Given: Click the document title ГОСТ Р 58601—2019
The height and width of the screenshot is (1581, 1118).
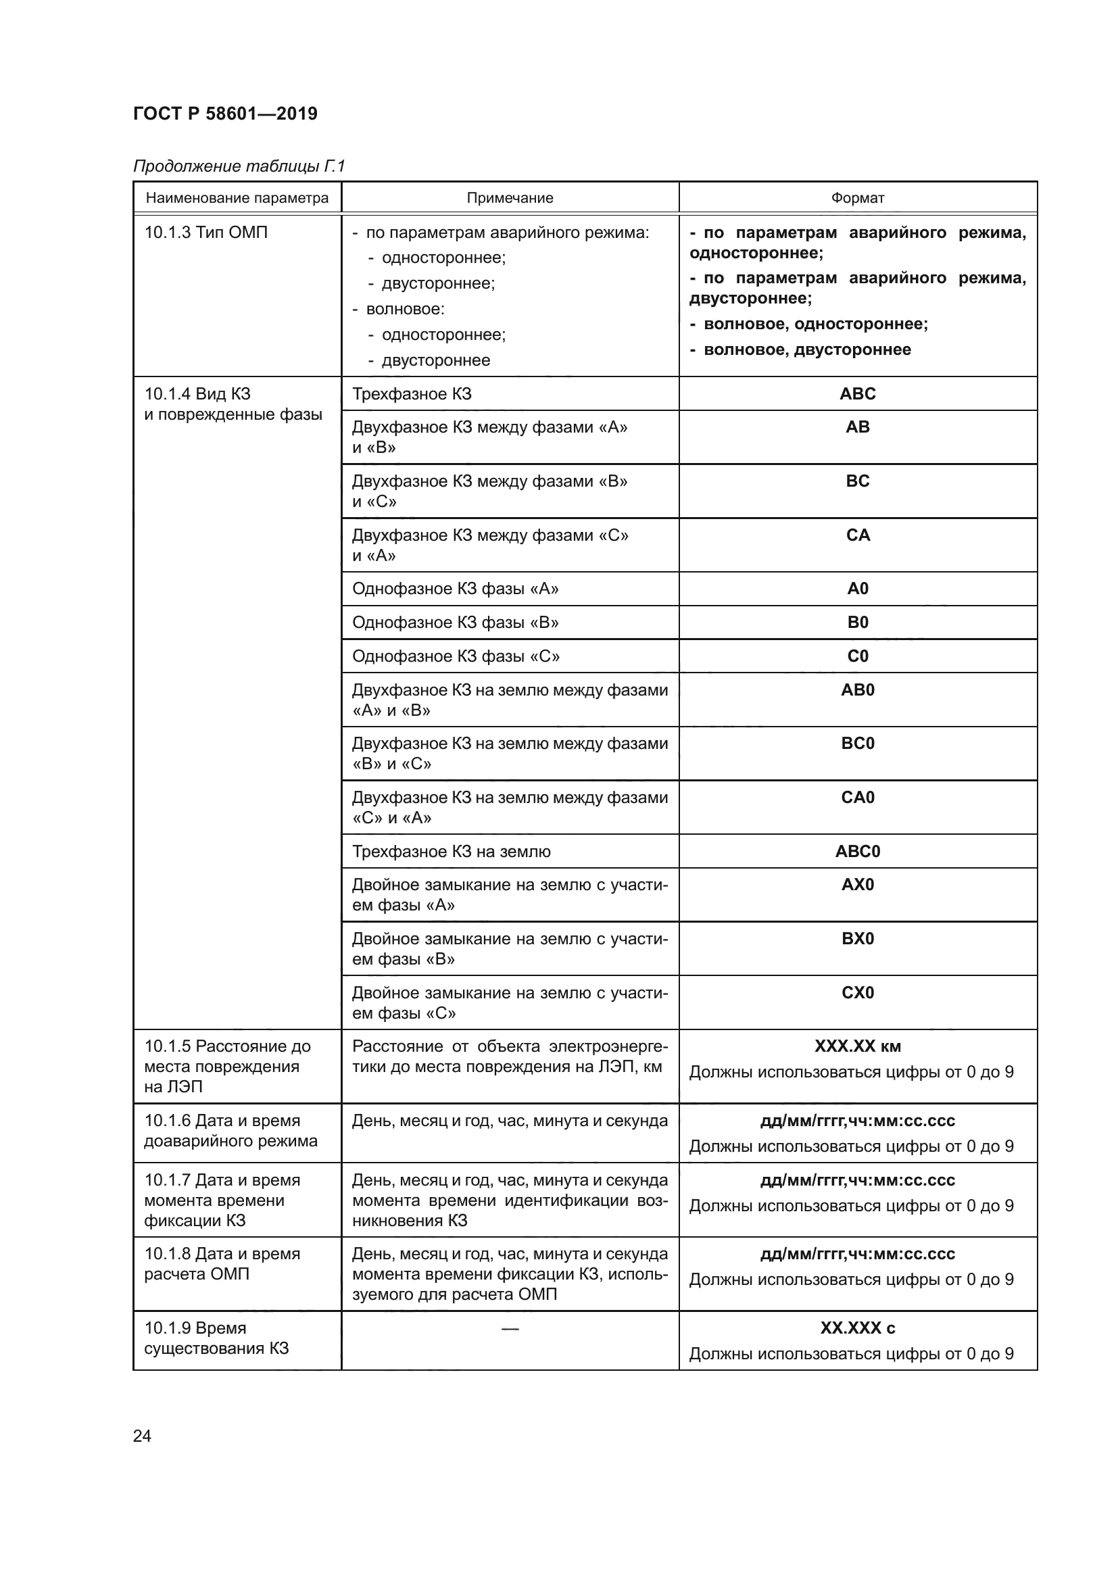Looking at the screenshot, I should [x=225, y=114].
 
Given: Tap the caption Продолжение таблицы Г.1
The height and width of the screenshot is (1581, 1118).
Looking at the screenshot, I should [x=238, y=166].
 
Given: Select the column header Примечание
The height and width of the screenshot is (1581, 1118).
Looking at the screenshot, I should [x=510, y=198].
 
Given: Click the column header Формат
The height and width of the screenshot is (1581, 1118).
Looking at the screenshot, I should [x=857, y=198].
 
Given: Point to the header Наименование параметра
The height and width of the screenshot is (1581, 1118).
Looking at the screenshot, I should [x=237, y=198].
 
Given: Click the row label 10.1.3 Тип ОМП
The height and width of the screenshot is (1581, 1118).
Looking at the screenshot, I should [x=206, y=233].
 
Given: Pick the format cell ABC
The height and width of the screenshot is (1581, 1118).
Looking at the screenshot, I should [x=857, y=394].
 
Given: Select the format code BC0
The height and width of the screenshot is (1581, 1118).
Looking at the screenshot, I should [x=857, y=744].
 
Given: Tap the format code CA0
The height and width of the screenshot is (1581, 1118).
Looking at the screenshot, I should [x=857, y=798].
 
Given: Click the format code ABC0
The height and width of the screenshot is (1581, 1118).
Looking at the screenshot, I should [x=857, y=852].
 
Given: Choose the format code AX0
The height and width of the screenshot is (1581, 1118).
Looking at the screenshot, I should [x=857, y=885].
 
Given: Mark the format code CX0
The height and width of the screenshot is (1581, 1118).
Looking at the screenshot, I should [x=857, y=993].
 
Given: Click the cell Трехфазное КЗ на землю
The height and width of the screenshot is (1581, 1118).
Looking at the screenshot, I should [x=451, y=852].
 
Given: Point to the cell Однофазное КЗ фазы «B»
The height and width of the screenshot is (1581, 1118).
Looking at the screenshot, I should [x=455, y=623].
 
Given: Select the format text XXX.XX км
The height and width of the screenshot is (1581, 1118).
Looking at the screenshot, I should [x=857, y=1046].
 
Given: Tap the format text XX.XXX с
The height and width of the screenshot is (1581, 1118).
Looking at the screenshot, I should [x=857, y=1328].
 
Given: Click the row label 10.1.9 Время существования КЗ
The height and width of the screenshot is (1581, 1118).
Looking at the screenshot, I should [x=216, y=1338].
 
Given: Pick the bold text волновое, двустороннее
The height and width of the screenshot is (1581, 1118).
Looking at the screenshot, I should [x=807, y=350].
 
